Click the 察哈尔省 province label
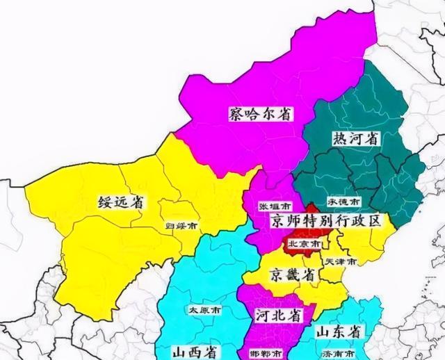[259, 114]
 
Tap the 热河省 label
[356, 139]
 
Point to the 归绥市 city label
[181, 226]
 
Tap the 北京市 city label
[305, 245]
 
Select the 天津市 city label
[341, 261]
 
